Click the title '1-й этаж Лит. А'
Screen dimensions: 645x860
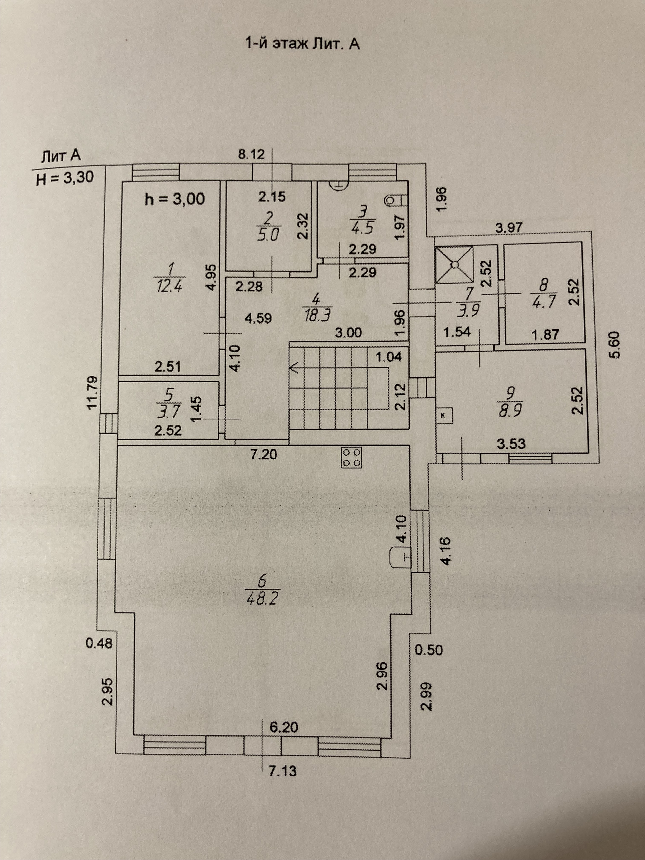302,44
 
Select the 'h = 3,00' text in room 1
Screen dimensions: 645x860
175,199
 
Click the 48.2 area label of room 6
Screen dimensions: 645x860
261,610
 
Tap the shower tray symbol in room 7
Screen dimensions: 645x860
454,265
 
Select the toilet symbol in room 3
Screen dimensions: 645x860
393,200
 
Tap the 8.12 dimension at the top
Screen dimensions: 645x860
251,155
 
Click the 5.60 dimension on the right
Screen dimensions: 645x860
617,344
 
